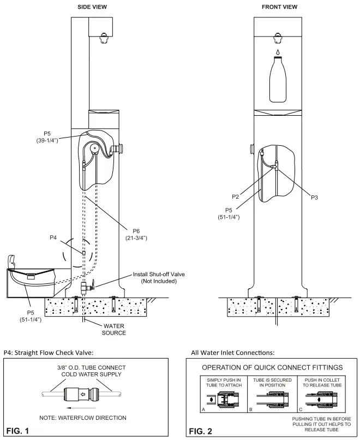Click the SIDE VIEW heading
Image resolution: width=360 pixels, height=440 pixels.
point(92,7)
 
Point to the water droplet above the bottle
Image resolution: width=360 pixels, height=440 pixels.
point(278,52)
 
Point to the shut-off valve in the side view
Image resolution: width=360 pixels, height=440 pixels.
point(85,286)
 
